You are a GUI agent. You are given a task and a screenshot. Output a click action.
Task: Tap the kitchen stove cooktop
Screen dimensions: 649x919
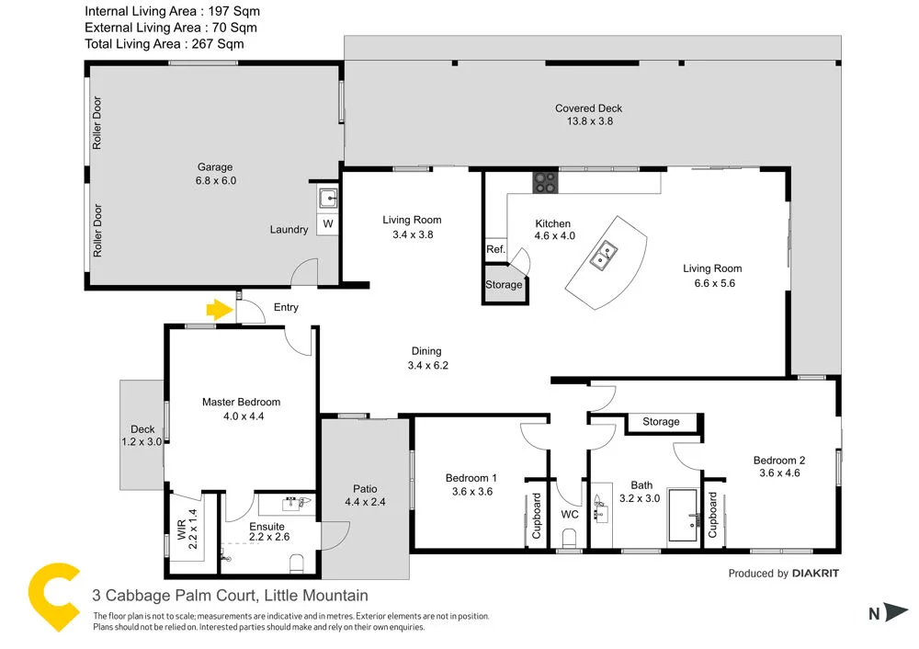pos(545,183)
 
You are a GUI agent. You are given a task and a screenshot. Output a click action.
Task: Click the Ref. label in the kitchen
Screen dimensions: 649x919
pos(495,249)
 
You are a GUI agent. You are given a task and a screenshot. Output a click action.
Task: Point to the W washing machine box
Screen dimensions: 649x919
pos(328,224)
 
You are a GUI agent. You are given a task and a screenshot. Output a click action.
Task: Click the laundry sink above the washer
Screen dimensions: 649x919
pos(328,197)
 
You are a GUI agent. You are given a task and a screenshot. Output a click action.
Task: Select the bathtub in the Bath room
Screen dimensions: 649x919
pos(682,516)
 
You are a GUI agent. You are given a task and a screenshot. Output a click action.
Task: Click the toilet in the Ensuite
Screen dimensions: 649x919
pos(297,561)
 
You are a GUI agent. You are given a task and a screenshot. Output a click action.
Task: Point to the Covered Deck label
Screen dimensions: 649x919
pos(588,114)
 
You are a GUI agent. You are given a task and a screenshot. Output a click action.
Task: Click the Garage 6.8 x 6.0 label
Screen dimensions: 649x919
pos(216,174)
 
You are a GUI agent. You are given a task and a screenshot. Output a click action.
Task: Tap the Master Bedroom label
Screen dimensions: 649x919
pos(241,408)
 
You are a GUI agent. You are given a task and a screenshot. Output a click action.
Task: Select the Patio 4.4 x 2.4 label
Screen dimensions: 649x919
pos(365,495)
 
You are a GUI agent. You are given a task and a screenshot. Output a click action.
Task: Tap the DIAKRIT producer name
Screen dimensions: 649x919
pos(815,574)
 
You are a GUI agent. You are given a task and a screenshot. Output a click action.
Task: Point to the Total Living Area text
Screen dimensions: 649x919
pos(165,43)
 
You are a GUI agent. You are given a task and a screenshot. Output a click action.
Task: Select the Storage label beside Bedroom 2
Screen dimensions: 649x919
pos(661,422)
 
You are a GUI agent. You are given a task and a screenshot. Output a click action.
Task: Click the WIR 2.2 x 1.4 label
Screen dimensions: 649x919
pos(187,527)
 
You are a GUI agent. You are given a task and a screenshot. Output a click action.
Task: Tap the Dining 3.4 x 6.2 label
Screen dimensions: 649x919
pos(426,358)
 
